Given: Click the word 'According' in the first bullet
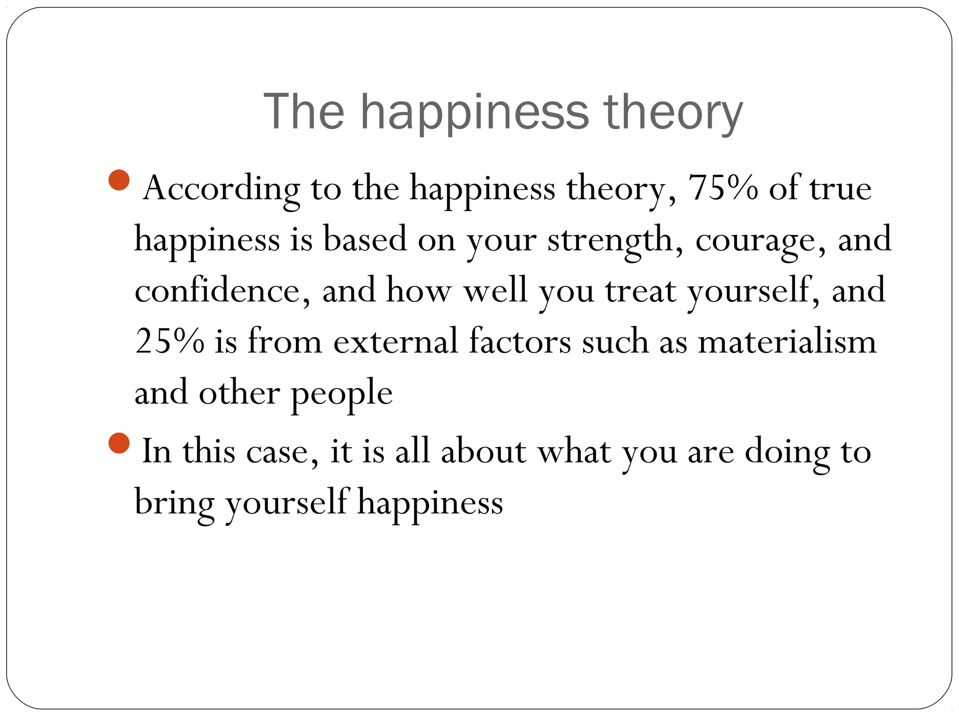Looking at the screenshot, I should [x=221, y=189].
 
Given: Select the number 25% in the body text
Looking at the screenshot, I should [x=170, y=341].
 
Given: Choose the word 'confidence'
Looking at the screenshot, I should [x=222, y=290].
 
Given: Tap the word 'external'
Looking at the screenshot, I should [x=396, y=341].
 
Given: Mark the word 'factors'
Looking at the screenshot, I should [x=520, y=341].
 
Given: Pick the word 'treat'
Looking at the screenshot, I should [x=641, y=290].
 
